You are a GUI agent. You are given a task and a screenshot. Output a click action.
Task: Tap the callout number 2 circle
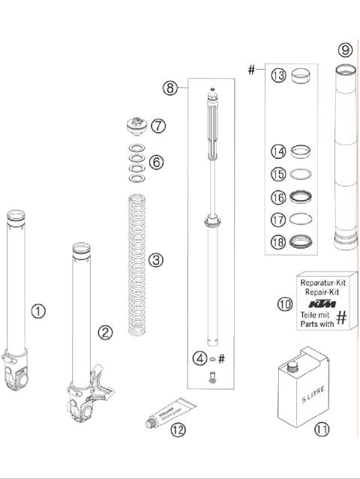coord(106,331)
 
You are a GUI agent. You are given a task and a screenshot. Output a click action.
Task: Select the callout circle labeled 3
coord(155,260)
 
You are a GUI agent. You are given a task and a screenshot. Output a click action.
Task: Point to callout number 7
coord(157,126)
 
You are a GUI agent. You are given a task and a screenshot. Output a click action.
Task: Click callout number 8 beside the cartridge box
coord(171,88)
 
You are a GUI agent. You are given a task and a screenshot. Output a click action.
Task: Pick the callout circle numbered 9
coord(343,50)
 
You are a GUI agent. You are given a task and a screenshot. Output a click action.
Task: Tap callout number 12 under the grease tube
coord(177,430)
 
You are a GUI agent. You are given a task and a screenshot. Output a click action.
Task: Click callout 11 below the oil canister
coord(322,430)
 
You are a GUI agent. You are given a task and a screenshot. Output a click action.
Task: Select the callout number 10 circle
coord(284,304)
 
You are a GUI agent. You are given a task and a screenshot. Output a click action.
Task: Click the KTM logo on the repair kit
coord(322,304)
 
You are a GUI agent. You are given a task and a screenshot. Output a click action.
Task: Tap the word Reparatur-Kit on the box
coord(322,283)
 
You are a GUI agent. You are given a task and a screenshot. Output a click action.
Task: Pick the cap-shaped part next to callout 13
coord(304,75)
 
